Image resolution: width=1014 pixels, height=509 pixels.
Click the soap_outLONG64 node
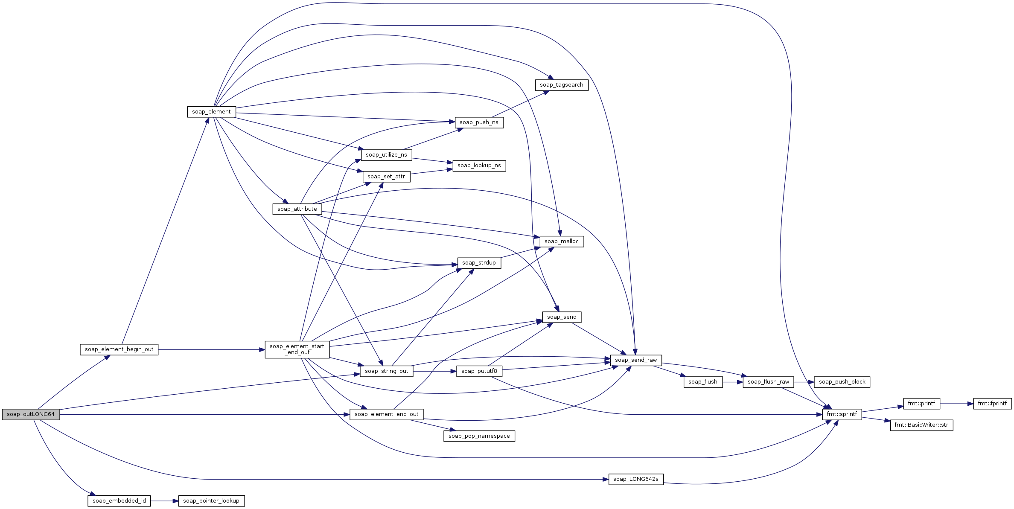[31, 414]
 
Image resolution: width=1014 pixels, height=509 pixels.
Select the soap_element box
[211, 112]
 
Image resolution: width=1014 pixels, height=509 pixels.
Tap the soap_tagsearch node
[562, 85]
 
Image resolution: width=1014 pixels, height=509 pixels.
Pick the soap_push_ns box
[479, 122]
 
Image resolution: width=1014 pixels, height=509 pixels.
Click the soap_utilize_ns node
[386, 155]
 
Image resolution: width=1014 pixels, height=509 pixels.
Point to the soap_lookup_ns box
[479, 166]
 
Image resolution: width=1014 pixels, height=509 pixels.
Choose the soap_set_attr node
[386, 177]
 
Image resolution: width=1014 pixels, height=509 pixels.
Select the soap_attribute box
[297, 209]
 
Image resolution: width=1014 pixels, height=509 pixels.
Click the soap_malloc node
[562, 241]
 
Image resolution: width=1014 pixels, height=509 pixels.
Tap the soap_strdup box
[479, 263]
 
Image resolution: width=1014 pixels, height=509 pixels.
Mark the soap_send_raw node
[636, 360]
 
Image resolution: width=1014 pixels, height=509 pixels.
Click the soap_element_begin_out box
[119, 349]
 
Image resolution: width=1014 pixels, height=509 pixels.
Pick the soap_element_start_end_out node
[297, 349]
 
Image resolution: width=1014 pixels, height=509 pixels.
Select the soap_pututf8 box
[479, 371]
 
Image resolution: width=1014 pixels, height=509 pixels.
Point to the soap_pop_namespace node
[479, 436]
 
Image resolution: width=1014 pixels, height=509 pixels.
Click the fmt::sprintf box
[842, 414]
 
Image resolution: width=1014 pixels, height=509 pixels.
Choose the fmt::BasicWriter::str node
[921, 425]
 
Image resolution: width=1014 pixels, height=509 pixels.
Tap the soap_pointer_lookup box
[211, 501]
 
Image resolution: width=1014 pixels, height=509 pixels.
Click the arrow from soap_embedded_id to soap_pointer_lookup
[164, 501]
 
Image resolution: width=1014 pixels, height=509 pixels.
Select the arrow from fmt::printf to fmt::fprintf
[956, 404]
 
